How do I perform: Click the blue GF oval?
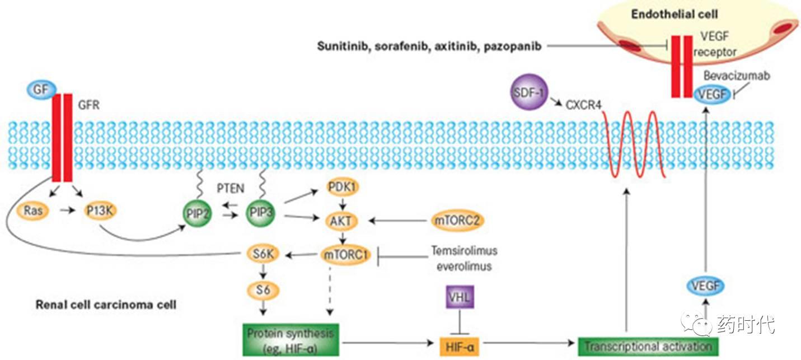point(38,88)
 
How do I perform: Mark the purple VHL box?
point(460,297)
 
